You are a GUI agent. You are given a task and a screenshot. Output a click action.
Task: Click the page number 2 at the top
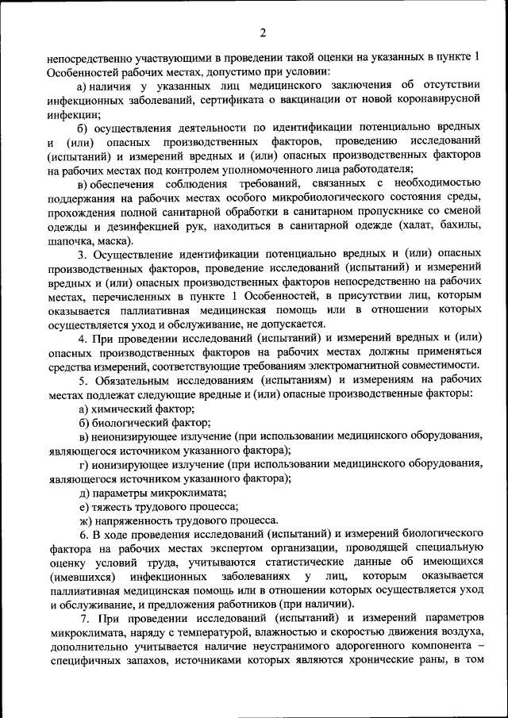[x=261, y=33]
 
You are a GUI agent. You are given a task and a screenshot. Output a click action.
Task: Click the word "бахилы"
[x=460, y=227]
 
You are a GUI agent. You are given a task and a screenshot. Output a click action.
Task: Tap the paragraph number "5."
[x=83, y=379]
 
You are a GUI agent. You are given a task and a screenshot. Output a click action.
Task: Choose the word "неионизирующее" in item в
[x=132, y=436]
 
